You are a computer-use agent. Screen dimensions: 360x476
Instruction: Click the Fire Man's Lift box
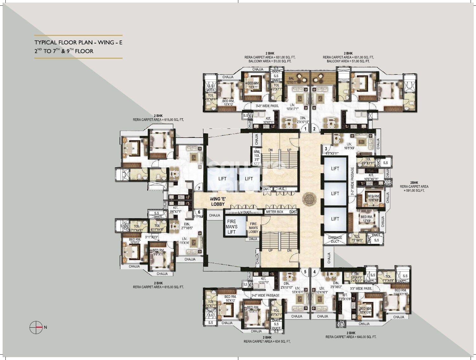tap(232, 227)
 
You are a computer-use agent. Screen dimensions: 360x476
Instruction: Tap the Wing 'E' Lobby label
tap(218, 201)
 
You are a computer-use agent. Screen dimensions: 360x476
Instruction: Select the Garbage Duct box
tap(335, 239)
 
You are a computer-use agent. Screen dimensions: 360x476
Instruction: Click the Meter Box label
tap(274, 212)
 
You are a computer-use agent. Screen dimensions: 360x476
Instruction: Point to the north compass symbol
tap(36, 327)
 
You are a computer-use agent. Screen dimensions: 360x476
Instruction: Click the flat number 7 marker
tap(199, 188)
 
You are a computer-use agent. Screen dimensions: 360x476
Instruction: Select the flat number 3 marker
tap(326, 149)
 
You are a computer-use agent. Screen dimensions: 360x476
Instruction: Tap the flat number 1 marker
tap(305, 129)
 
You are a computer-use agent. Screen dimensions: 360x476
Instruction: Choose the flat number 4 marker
tap(314, 272)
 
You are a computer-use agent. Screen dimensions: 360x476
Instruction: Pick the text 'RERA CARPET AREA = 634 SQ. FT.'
tap(267, 342)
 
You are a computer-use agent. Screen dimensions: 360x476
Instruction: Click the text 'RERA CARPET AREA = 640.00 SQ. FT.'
tap(351, 337)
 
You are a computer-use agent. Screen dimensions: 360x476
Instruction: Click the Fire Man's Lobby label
tap(253, 227)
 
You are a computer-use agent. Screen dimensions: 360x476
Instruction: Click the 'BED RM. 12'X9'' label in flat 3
tap(367, 219)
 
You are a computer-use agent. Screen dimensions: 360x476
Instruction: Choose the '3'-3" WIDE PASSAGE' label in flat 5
tap(265, 295)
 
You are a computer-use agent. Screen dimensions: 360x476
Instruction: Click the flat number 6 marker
tap(199, 212)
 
